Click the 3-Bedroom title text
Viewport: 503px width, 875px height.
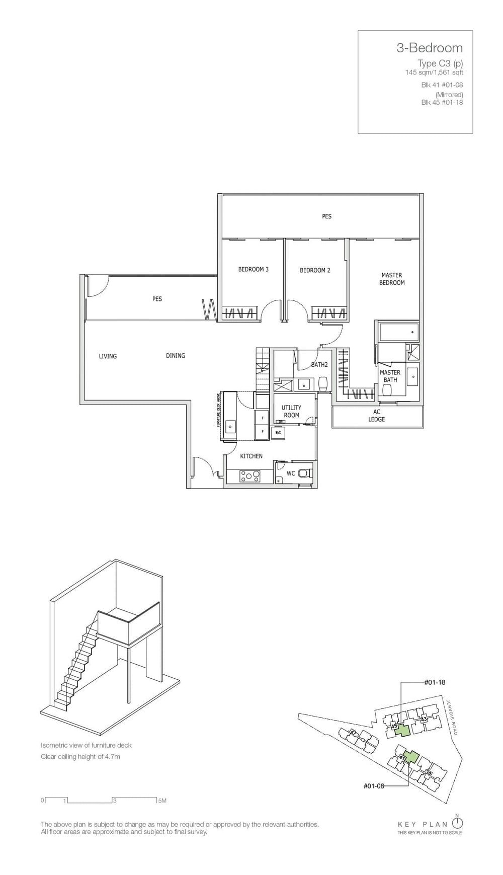[429, 48]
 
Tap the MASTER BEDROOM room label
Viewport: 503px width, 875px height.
[392, 279]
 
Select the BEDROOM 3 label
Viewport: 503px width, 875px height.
[253, 269]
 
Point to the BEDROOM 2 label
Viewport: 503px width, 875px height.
[315, 270]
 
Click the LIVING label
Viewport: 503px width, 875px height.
[108, 356]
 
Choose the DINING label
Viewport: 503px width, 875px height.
[176, 356]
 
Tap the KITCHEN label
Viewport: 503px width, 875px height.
[251, 456]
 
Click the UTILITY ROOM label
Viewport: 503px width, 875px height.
[291, 412]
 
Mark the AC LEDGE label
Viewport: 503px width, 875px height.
[376, 416]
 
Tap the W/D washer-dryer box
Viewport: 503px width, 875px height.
[278, 432]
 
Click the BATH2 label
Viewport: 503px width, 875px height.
[319, 365]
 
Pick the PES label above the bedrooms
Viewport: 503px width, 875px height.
[326, 216]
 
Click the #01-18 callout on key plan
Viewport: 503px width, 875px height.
[435, 683]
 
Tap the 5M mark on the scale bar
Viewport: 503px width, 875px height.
[161, 801]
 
